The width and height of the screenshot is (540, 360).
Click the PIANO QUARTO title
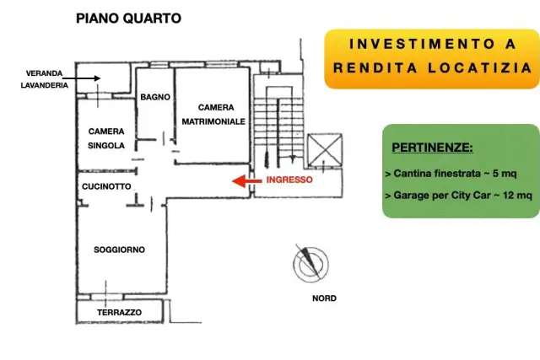(128, 19)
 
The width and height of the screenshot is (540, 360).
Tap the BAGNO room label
(155, 97)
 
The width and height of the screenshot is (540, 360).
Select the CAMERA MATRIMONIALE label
(213, 115)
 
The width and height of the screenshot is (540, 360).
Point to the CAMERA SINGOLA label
(106, 138)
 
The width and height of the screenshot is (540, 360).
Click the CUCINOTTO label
(106, 186)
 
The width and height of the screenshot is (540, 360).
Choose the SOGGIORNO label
(119, 250)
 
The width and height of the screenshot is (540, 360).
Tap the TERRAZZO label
(119, 313)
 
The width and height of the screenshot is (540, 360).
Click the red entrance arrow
(246, 180)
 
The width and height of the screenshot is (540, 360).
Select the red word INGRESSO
(289, 180)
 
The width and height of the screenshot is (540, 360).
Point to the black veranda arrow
(81, 78)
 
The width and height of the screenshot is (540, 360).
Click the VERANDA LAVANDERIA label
(45, 79)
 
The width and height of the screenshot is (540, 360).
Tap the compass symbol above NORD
(310, 264)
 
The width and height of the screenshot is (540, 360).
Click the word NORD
(324, 298)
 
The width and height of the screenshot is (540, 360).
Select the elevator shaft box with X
(325, 150)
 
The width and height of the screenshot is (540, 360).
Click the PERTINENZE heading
(432, 148)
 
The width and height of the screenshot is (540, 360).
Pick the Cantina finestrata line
(451, 174)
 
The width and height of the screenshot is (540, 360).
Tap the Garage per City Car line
(459, 196)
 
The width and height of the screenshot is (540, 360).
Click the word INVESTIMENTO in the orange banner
(422, 44)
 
